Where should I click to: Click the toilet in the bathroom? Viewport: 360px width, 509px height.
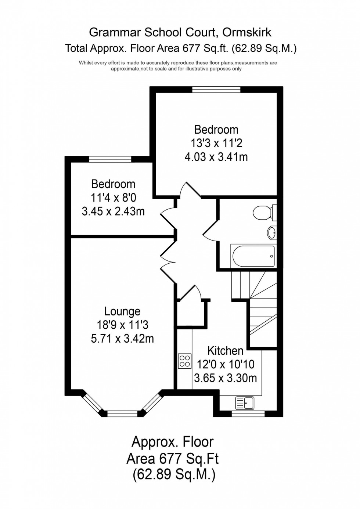[x=263, y=212]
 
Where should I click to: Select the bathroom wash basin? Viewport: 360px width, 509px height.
[x=272, y=232]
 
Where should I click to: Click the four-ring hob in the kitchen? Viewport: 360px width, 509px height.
[x=184, y=361]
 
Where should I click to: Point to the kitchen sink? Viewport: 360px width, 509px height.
[x=245, y=403]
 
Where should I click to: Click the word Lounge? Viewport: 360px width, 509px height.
[x=122, y=311]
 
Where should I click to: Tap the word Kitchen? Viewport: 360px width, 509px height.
[x=225, y=351]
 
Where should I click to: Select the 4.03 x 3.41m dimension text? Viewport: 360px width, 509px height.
[x=216, y=157]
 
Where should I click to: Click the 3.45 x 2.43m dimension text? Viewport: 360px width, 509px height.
[x=113, y=212]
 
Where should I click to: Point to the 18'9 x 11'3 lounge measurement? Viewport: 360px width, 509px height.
[x=122, y=325]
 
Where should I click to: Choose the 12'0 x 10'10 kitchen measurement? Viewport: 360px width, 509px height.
[x=226, y=364]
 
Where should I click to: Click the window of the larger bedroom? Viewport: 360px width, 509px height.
[x=216, y=89]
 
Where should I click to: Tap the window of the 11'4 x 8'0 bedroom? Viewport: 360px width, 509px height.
[x=110, y=159]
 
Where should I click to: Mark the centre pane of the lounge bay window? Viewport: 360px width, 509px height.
[x=122, y=414]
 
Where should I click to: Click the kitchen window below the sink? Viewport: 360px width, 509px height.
[x=248, y=414]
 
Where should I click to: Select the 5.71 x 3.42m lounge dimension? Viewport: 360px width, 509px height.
[x=122, y=338]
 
